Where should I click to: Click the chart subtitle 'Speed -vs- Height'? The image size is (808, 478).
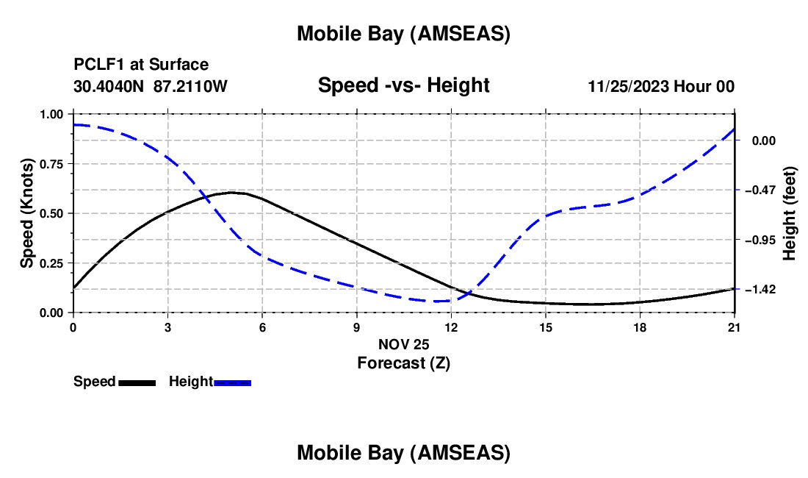tap(403, 85)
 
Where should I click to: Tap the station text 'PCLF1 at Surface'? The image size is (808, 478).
tap(141, 65)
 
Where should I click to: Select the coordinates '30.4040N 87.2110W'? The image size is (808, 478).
tap(151, 86)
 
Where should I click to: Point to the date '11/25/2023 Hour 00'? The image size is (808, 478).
tap(661, 86)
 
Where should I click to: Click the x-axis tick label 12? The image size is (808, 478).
tap(451, 327)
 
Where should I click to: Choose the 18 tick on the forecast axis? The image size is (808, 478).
tap(640, 327)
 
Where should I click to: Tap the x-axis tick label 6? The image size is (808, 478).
tap(262, 327)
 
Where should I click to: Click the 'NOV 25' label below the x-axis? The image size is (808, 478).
tap(403, 344)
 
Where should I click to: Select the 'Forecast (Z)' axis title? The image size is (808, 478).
tap(403, 363)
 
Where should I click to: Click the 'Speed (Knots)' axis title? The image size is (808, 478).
tap(27, 213)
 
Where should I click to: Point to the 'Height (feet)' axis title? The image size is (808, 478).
tap(790, 213)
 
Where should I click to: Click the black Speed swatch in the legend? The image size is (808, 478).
tap(137, 382)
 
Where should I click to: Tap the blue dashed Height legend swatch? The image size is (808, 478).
tap(232, 382)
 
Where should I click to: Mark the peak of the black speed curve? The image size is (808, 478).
tap(232, 193)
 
